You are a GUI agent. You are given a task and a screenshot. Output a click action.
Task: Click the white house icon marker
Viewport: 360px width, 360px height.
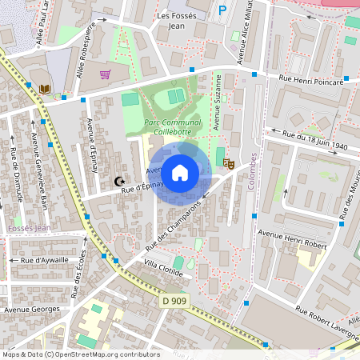[x=180, y=172]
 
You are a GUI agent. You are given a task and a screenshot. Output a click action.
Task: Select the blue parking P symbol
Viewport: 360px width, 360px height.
[x=222, y=10]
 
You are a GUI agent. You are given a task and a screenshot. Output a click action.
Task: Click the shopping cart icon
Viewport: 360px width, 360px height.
[x=105, y=74]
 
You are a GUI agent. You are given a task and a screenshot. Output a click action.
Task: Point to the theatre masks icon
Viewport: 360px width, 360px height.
[x=228, y=163]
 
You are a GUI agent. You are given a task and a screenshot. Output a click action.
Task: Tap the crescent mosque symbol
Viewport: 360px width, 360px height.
[x=120, y=182]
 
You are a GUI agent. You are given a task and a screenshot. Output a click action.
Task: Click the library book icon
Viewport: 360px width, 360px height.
[x=45, y=88]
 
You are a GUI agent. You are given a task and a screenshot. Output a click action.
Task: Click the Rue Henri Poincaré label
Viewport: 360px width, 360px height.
[x=310, y=80]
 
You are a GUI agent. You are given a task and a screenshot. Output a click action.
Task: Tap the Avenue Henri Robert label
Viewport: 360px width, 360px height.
[x=293, y=238]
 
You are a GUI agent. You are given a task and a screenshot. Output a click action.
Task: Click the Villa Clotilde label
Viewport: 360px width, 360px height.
[x=163, y=269]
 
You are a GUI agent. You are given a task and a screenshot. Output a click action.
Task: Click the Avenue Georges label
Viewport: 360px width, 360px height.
[x=32, y=309]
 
